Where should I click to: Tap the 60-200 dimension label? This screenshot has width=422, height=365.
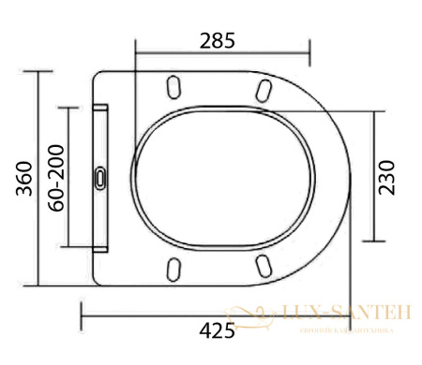coord(55,178)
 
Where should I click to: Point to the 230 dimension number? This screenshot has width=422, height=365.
coord(387,175)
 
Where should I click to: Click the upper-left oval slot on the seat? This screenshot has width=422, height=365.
coord(173,86)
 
